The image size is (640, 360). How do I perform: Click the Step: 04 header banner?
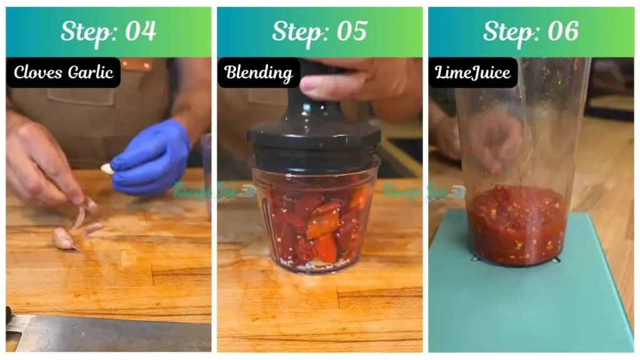pos(108,32)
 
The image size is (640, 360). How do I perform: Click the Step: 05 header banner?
pos(319,32)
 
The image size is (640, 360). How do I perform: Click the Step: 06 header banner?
pos(531,32)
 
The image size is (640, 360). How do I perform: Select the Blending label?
pos(259,72)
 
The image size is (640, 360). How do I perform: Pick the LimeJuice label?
pos(472,72)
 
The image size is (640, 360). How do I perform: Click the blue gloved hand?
pos(152,158)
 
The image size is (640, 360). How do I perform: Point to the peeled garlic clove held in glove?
pos(107,169)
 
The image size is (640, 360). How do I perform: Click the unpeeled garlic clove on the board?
pos(64,238)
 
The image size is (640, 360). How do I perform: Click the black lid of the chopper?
pos(314,134)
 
